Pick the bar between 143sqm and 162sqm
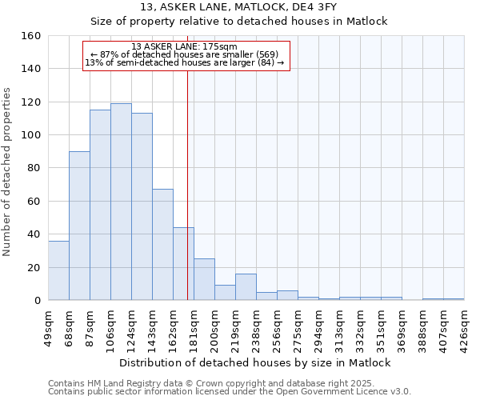[x=162, y=245]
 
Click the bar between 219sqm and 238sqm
[x=246, y=287]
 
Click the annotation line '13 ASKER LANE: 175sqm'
[x=185, y=46]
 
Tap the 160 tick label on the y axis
[x=31, y=36]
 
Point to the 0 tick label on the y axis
[x=37, y=300]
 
